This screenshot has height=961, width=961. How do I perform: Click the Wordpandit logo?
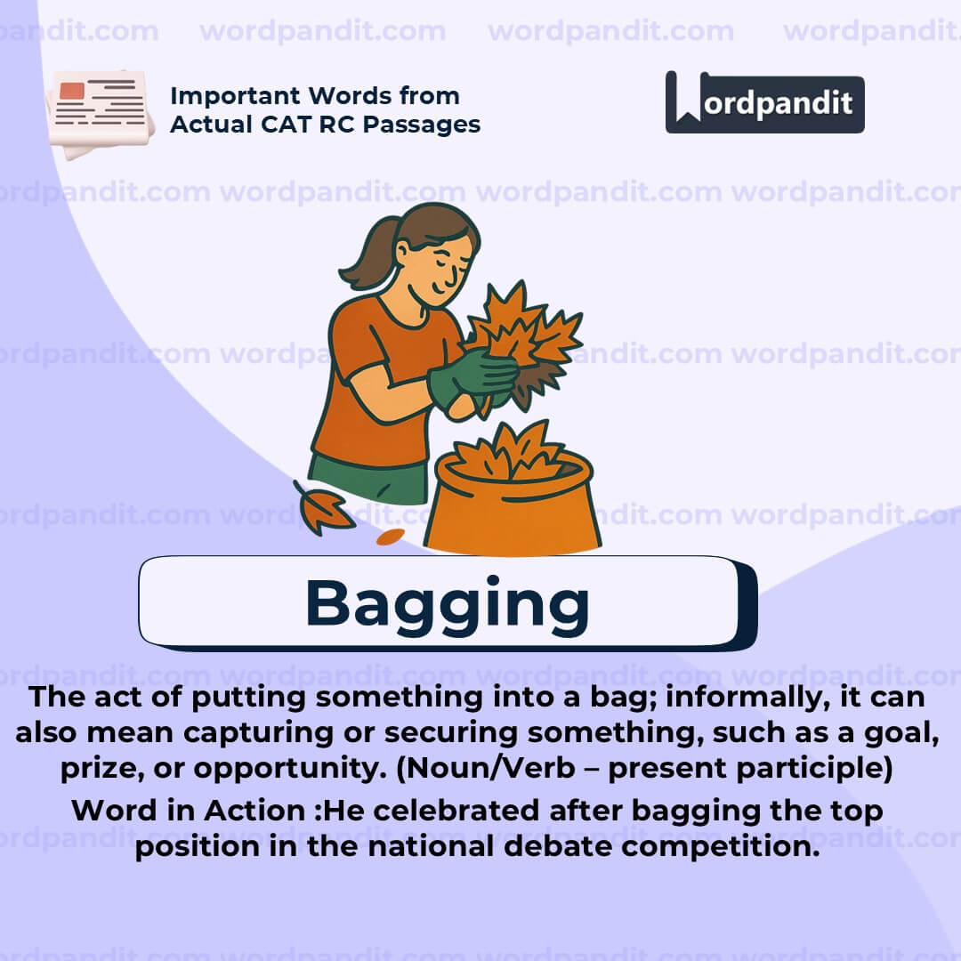pyautogui.click(x=764, y=102)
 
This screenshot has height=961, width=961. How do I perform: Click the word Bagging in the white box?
pyautogui.click(x=447, y=603)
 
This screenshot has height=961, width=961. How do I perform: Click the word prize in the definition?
pyautogui.click(x=98, y=768)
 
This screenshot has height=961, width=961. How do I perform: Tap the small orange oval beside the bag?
pyautogui.click(x=391, y=537)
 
